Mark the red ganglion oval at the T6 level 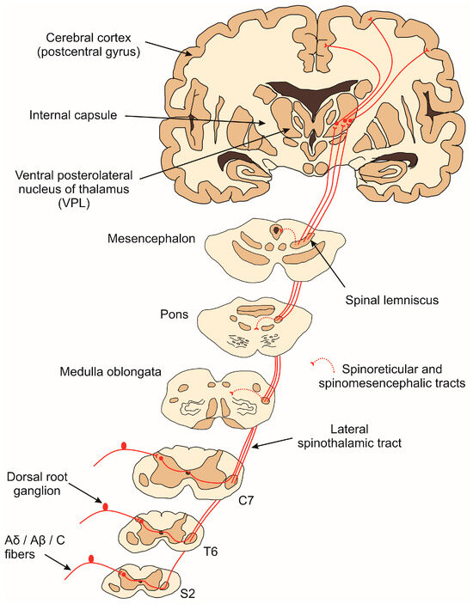pos(107,507)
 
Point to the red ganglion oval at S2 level pos(91,563)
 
